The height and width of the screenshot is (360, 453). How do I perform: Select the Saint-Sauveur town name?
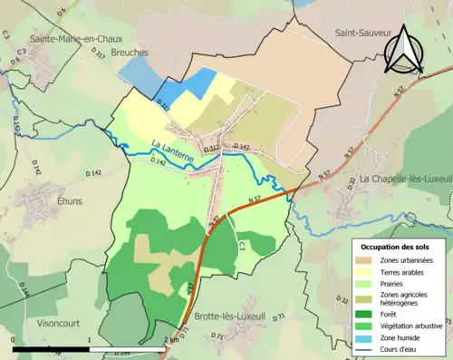click(361, 33)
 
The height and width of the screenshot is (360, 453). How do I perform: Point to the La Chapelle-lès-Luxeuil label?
click(404, 179)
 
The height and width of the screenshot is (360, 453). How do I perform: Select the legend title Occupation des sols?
click(396, 247)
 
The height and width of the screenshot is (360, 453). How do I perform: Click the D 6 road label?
click(61, 12)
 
